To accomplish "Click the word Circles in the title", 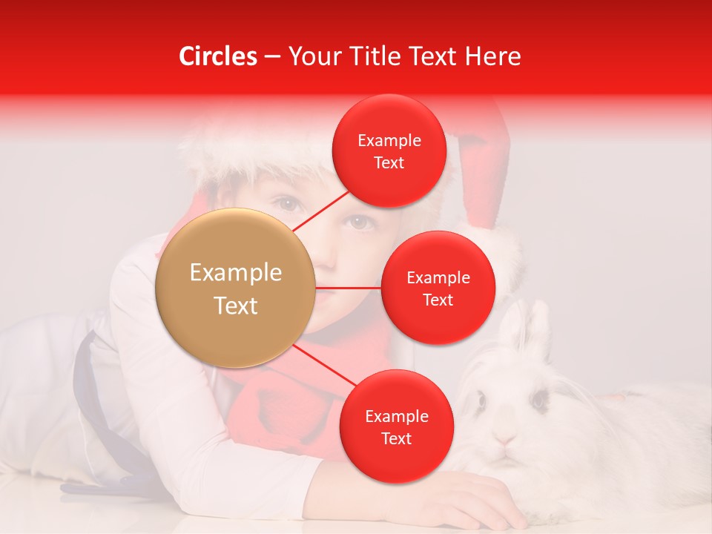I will [218, 56].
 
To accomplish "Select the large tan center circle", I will [235, 288].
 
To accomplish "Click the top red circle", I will [389, 151].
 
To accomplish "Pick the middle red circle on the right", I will [438, 288].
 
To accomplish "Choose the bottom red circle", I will [396, 427].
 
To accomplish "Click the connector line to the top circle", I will [320, 211].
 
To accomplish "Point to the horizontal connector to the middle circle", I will [348, 288].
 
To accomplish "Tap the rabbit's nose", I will [507, 438].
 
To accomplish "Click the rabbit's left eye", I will [481, 401].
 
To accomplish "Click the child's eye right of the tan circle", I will [359, 221].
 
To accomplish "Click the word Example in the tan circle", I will [235, 273].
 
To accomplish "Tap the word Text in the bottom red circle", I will [396, 439].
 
